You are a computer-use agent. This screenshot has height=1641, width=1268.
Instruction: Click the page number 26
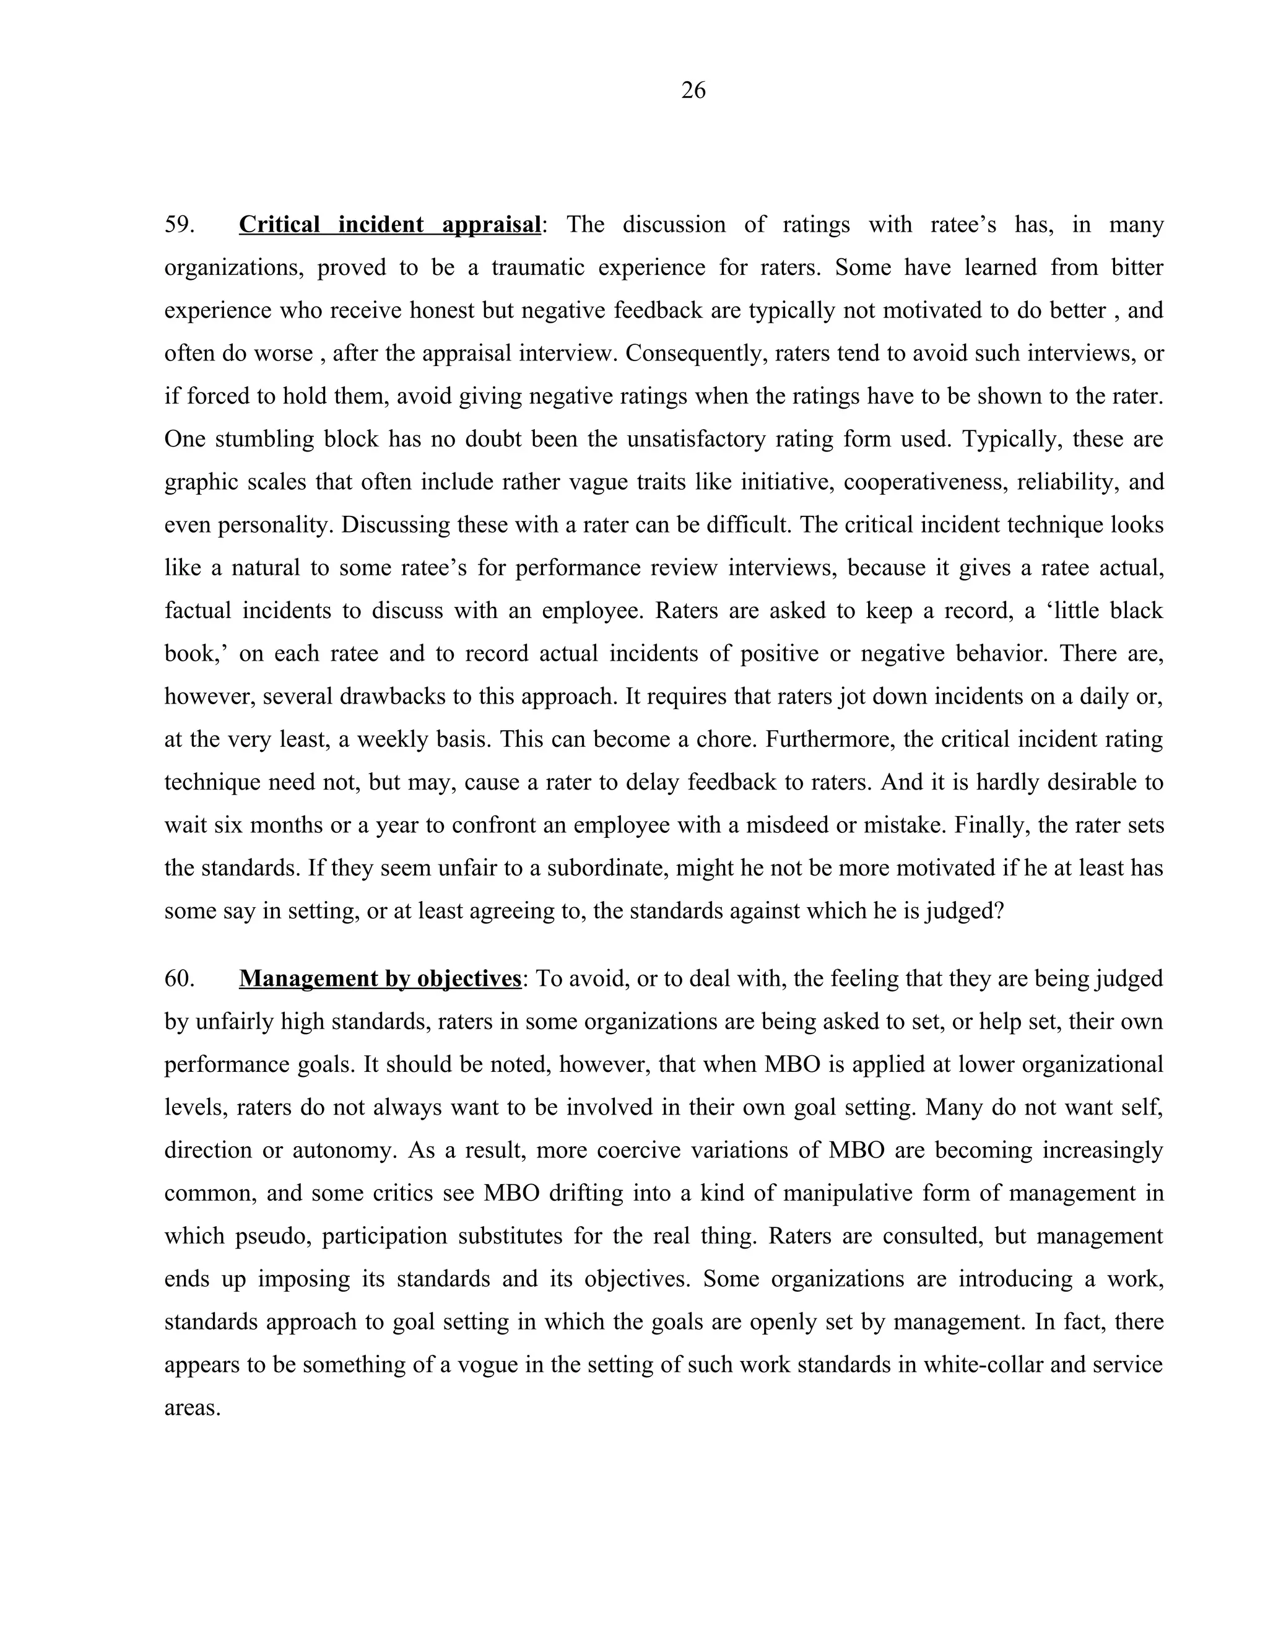point(693,90)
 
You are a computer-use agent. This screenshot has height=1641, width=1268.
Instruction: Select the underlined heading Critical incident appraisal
point(390,225)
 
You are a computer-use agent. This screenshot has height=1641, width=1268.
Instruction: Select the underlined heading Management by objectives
point(380,979)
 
